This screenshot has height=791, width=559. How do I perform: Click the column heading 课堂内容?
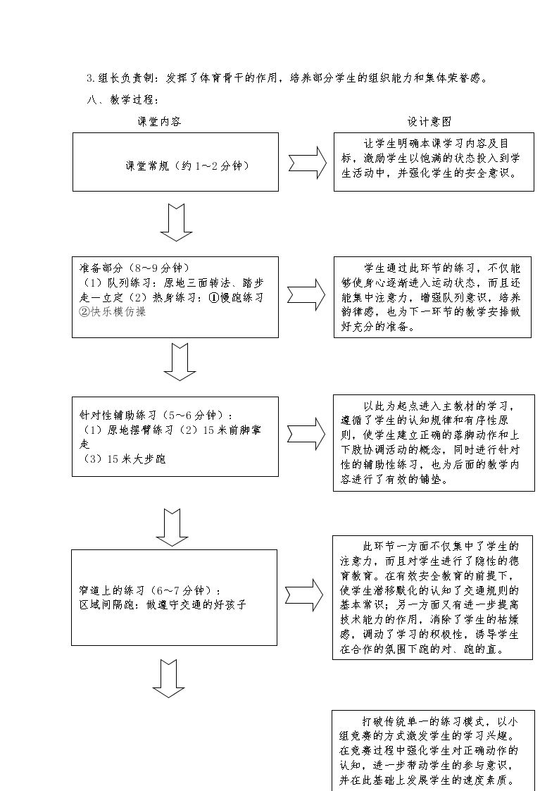[159, 122]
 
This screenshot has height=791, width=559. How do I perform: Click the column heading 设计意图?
[429, 122]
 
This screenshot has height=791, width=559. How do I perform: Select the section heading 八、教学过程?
[123, 99]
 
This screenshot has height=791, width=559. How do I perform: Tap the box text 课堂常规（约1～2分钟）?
[187, 166]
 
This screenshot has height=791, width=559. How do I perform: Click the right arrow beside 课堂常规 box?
[308, 163]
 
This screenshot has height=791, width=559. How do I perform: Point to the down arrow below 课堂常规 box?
[176, 223]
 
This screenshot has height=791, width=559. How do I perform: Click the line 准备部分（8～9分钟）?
[134, 268]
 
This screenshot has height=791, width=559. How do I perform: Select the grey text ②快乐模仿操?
[113, 312]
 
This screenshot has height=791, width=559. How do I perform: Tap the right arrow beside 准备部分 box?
[306, 294]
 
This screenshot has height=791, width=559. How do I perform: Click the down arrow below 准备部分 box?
[180, 362]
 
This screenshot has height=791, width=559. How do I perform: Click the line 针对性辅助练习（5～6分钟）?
[156, 415]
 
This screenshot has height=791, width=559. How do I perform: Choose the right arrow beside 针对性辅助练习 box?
[306, 434]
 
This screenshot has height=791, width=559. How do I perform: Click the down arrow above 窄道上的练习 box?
[172, 528]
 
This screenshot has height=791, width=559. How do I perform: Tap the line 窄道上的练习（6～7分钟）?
[150, 590]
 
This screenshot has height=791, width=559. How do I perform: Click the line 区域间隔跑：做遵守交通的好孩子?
[163, 604]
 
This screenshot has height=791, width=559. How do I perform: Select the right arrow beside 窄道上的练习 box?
[304, 595]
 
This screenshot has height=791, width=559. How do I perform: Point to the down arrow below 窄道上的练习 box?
[169, 678]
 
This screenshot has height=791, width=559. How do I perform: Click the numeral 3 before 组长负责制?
[89, 78]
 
